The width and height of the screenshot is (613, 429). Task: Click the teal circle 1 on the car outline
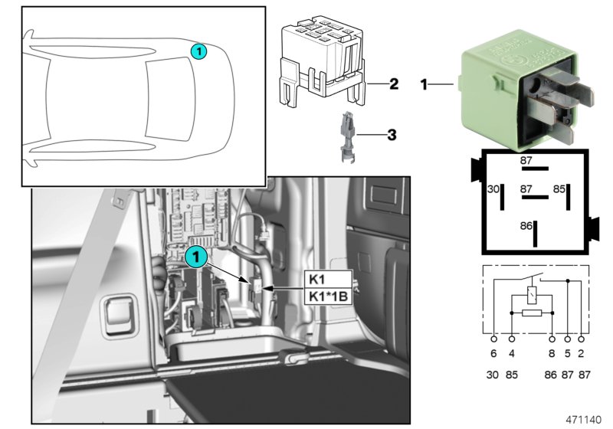[x=198, y=51]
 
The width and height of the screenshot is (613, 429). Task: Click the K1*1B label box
[x=329, y=295]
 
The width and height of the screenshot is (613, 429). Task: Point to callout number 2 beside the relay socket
[x=393, y=84]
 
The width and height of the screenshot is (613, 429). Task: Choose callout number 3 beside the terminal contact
[x=392, y=136]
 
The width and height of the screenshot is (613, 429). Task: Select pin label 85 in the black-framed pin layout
[x=560, y=188]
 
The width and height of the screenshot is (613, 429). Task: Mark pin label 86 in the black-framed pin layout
[x=526, y=226]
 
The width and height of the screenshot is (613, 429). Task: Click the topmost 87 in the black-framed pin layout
[x=526, y=160]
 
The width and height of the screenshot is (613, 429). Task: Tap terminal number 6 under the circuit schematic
[x=493, y=355]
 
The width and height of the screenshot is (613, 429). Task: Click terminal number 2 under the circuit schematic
[x=582, y=355]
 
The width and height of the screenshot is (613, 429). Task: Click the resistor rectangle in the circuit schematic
[x=531, y=314]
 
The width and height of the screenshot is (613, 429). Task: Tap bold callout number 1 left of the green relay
[x=424, y=84]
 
